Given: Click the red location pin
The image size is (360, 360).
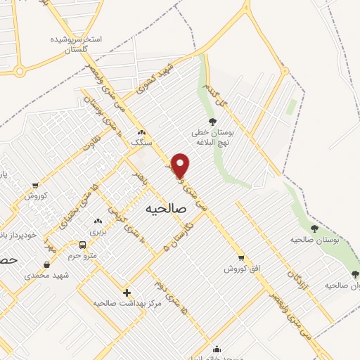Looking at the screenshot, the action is click(181, 165).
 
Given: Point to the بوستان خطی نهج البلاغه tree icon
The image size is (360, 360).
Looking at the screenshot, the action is click(212, 122).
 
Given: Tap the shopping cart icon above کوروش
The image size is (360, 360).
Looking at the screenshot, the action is click(35, 186).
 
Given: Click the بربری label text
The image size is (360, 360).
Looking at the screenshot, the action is click(96, 231).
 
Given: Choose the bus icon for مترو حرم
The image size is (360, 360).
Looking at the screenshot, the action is click(83, 245).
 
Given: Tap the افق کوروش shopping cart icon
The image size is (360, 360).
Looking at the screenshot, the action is click(241, 258).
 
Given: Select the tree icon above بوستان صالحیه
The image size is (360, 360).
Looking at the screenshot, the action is click(314, 229).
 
